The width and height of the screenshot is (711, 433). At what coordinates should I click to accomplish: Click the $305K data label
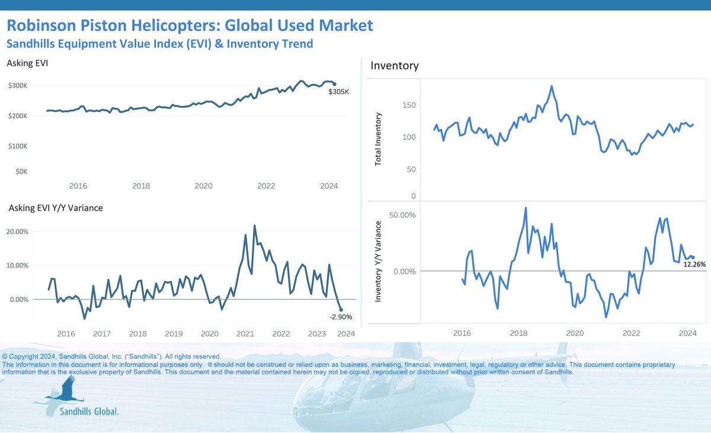click(339, 92)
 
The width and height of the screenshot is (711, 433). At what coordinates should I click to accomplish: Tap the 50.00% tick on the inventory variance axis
click(402, 214)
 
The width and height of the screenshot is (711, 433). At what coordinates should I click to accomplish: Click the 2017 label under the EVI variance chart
click(102, 334)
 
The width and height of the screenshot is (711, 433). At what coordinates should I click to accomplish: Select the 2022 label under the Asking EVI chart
click(266, 186)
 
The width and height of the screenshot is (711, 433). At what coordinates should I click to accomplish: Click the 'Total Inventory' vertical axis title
click(379, 139)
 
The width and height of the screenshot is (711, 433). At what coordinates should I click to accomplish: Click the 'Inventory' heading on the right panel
click(394, 66)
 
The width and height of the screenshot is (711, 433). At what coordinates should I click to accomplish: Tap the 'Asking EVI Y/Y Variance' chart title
click(56, 208)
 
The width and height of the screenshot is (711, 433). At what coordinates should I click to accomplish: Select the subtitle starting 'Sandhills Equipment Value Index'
click(159, 44)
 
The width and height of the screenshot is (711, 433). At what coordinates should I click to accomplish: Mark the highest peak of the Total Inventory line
click(552, 86)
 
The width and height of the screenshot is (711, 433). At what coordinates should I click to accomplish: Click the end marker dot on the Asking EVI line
click(335, 84)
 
